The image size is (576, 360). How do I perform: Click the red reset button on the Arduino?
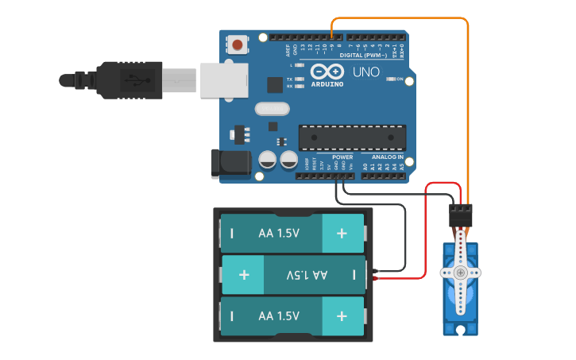(x=237, y=44)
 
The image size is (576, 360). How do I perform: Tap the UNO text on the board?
(x=366, y=72)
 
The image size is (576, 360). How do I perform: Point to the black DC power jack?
(x=231, y=163)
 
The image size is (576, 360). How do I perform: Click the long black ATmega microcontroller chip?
(x=352, y=137)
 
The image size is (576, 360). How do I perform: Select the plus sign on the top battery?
(x=342, y=234)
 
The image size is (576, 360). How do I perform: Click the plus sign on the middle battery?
(x=244, y=275)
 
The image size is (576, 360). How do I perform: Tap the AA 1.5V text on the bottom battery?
(x=279, y=315)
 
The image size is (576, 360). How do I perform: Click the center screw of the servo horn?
(x=461, y=273)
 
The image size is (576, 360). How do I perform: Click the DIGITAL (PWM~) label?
(x=363, y=55)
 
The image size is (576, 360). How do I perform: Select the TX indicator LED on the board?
(x=299, y=79)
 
